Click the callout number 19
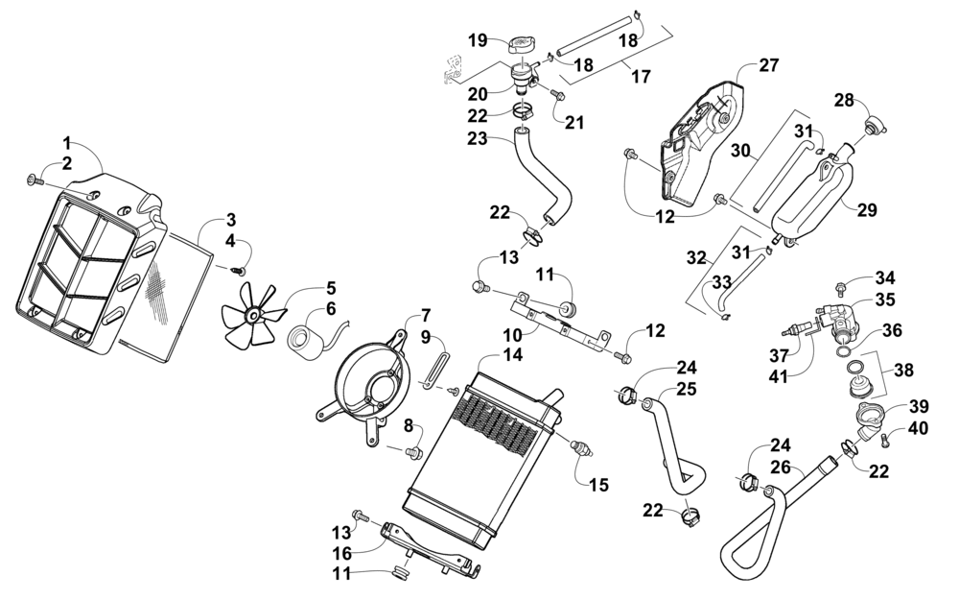pyautogui.click(x=478, y=40)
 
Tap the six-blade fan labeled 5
pyautogui.click(x=252, y=314)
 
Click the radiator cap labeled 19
pyautogui.click(x=522, y=44)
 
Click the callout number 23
pyautogui.click(x=477, y=138)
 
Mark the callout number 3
pyautogui.click(x=231, y=221)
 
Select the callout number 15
pyautogui.click(x=599, y=486)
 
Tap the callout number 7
pyautogui.click(x=426, y=316)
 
